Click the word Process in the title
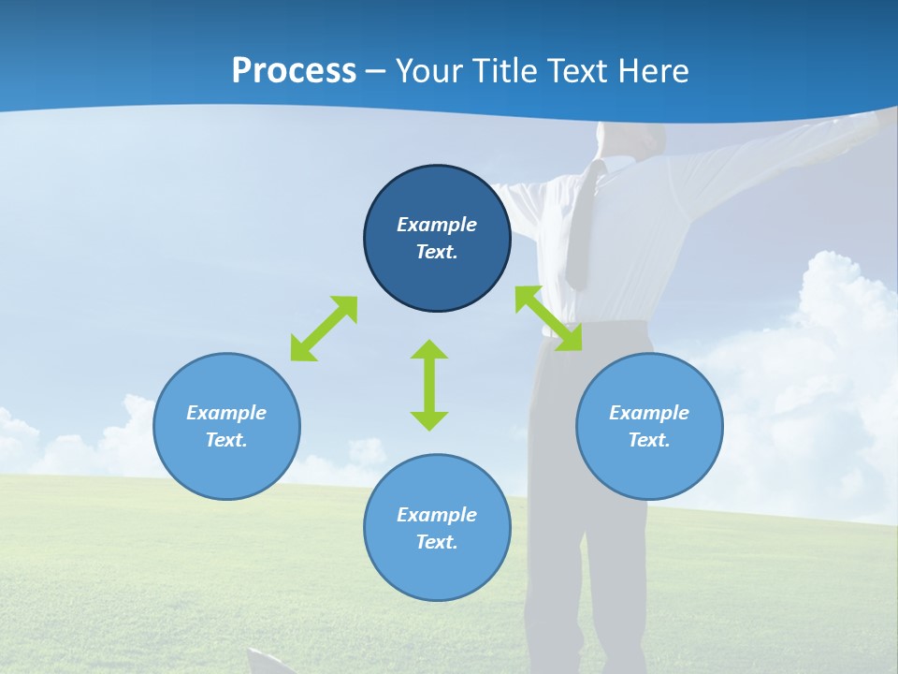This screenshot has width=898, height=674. pos(294,71)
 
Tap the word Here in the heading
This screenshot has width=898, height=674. pos(651,71)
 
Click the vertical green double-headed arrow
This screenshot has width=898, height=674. pos(429,385)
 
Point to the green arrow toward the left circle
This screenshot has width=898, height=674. pos(324,329)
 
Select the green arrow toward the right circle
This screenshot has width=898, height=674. pos(548,318)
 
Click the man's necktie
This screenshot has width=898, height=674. pos(581,225)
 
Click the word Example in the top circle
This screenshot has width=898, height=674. pos(437,225)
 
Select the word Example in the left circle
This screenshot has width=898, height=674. pos(226,413)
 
